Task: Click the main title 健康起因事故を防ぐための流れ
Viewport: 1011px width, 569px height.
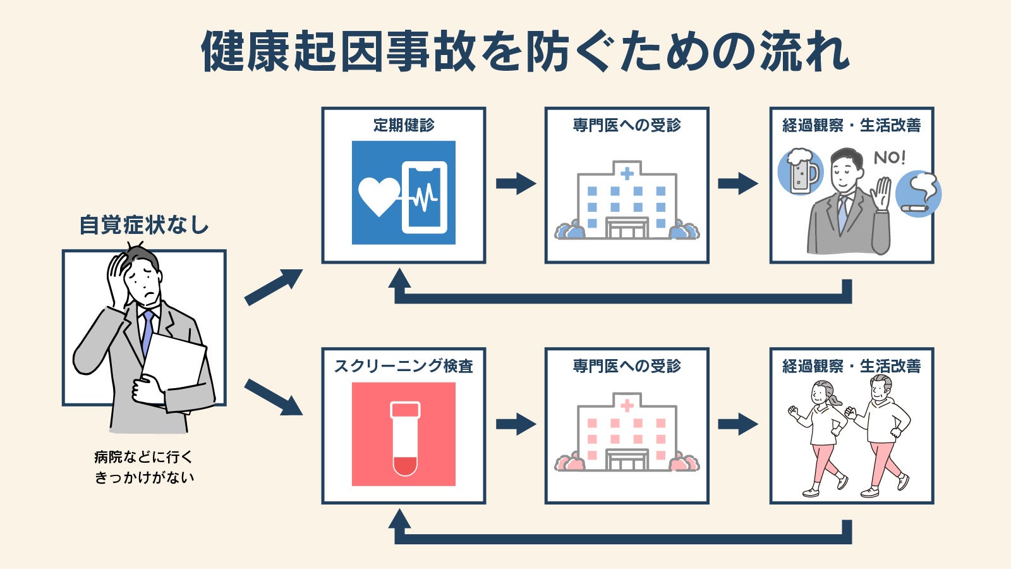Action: point(525,51)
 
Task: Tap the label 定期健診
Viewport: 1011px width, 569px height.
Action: point(404,125)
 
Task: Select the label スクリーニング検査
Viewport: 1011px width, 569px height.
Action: point(404,366)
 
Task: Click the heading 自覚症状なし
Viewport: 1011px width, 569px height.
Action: point(144,225)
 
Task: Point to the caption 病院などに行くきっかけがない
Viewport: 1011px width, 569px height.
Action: point(144,467)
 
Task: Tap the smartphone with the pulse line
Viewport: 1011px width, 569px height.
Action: point(424,197)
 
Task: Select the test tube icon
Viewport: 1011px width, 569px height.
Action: point(405,439)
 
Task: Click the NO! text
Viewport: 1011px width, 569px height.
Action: point(889,157)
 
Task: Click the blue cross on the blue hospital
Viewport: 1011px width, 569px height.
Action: point(627,173)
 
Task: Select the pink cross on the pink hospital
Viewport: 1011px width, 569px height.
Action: point(627,405)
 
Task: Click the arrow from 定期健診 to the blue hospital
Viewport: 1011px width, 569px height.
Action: point(516,183)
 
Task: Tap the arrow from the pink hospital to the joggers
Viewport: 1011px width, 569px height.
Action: point(738,424)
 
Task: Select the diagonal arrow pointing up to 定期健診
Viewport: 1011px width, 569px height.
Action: point(274,287)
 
